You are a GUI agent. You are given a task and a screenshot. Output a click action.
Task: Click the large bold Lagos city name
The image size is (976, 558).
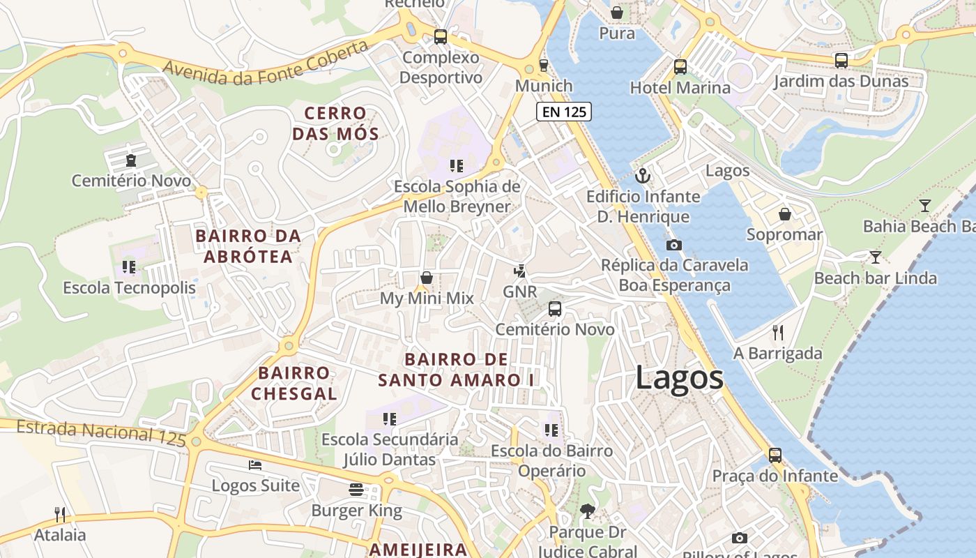(x=679, y=378)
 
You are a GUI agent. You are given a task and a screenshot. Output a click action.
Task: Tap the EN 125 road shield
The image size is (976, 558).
(x=563, y=111)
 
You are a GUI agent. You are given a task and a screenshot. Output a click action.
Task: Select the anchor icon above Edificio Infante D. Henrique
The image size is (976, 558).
(x=642, y=176)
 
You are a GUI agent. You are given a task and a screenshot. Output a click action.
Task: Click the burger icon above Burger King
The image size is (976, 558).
(x=356, y=489)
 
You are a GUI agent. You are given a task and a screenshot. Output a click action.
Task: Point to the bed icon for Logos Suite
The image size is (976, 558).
(x=255, y=465)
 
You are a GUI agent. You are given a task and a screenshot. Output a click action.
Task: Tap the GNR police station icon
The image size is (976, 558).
(x=519, y=271)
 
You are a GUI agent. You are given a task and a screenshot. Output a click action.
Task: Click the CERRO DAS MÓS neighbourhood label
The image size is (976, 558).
(x=335, y=123)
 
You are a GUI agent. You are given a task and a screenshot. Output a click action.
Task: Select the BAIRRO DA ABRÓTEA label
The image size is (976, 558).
(x=248, y=246)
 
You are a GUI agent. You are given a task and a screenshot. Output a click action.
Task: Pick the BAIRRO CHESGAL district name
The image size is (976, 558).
(x=293, y=383)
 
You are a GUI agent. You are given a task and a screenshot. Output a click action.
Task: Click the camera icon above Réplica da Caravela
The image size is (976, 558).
(x=673, y=245)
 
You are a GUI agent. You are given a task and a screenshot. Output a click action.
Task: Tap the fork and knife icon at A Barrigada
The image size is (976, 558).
(x=778, y=332)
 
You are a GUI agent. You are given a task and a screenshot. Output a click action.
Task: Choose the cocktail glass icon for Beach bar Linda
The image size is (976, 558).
(x=875, y=257)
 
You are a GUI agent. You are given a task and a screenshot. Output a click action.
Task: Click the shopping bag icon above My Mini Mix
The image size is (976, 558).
(x=427, y=278)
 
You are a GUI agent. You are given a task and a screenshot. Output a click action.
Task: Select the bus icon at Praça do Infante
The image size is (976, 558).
(x=775, y=455)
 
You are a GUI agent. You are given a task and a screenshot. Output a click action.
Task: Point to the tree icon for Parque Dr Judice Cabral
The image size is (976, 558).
(x=587, y=511)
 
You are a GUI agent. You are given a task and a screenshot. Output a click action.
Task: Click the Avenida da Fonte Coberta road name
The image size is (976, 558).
(x=266, y=63)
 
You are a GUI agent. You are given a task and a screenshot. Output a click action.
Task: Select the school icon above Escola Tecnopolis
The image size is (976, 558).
(x=128, y=266)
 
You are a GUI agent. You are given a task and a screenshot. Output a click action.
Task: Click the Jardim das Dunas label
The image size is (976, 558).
(x=841, y=81)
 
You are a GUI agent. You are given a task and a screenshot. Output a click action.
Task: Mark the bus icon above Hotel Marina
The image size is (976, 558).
(x=680, y=67)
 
